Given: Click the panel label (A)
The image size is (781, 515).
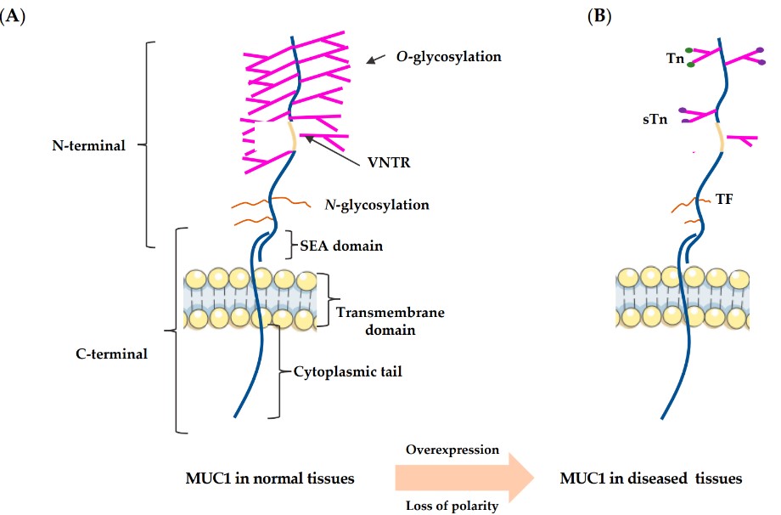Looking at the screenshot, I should coord(14,15).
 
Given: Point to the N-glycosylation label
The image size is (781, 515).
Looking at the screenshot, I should coord(377,205).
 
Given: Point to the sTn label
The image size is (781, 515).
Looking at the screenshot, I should coord(655,120).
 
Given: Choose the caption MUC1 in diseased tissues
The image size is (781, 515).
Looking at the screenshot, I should coord(650,478).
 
